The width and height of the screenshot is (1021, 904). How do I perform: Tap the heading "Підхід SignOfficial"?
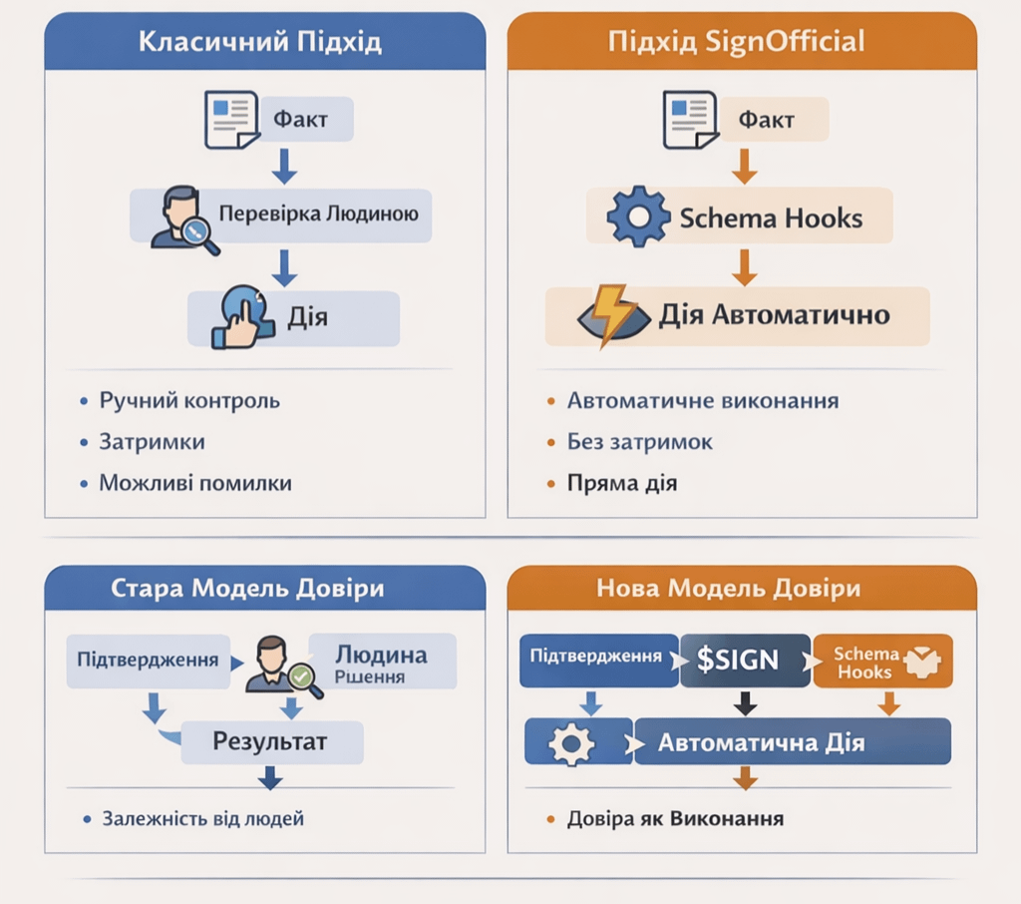[x=736, y=42]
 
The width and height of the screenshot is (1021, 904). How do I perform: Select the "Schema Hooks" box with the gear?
[x=738, y=217]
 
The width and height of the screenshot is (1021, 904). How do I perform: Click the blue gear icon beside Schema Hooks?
[x=638, y=217]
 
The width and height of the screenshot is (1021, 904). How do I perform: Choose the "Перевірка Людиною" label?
[x=311, y=214]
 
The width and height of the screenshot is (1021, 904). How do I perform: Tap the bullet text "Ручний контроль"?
[x=189, y=401]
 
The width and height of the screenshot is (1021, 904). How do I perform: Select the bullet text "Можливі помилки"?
[x=195, y=483]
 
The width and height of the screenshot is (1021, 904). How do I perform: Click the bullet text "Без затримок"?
[x=640, y=442]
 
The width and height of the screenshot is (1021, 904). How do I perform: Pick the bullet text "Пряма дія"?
[x=622, y=484]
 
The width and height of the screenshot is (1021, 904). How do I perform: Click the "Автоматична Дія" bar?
[x=762, y=743]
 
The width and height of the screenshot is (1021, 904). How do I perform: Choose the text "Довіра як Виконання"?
[x=675, y=819]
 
